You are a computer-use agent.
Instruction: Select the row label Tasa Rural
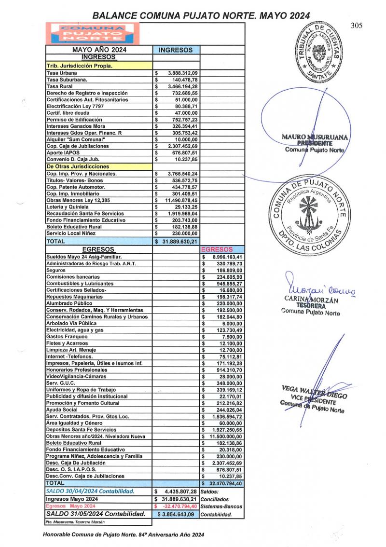60,86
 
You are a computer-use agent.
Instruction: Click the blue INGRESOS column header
176,50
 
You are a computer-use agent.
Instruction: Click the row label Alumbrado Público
67,303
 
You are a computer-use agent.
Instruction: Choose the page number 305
357,26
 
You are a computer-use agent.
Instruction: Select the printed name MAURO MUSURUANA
315,137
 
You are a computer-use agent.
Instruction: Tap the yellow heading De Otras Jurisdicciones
78,166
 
